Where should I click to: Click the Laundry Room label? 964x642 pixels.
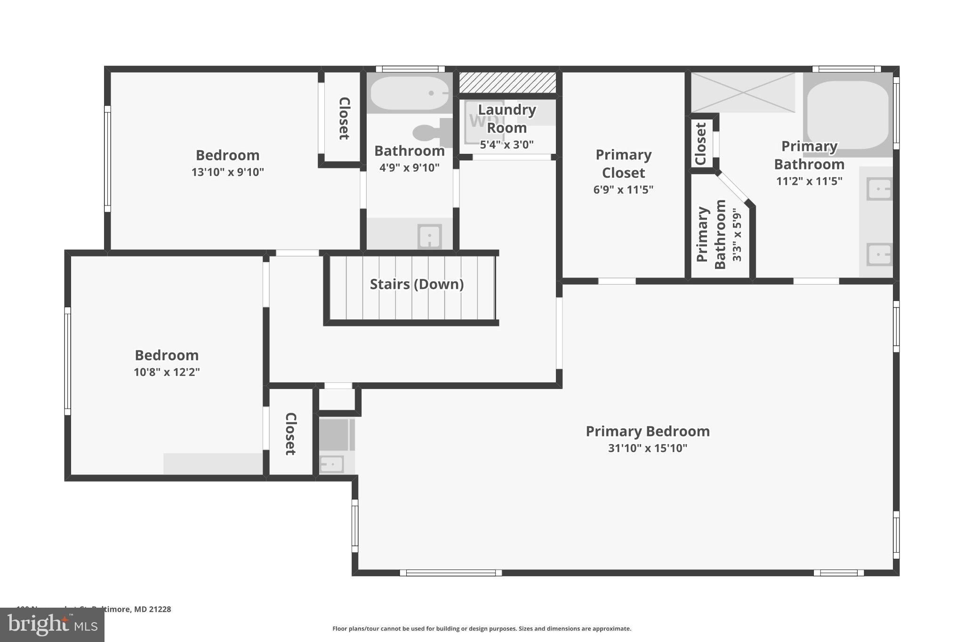pyautogui.click(x=506, y=119)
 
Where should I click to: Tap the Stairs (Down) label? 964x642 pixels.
pyautogui.click(x=417, y=284)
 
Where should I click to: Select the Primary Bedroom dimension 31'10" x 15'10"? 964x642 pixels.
pyautogui.click(x=647, y=448)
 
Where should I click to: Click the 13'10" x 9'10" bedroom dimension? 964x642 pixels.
pyautogui.click(x=227, y=172)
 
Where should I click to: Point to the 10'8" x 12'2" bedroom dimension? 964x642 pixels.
pyautogui.click(x=167, y=372)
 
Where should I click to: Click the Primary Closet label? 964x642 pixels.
pyautogui.click(x=623, y=164)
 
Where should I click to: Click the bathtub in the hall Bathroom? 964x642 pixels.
pyautogui.click(x=409, y=93)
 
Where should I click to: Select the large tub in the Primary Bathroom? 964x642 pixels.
pyautogui.click(x=848, y=115)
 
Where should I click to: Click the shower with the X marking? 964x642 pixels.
pyautogui.click(x=743, y=92)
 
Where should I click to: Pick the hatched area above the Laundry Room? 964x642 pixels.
pyautogui.click(x=507, y=83)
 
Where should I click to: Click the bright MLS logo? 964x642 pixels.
pyautogui.click(x=52, y=625)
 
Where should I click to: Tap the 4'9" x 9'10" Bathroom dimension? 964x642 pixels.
pyautogui.click(x=409, y=167)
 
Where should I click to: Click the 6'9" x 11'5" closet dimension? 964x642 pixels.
pyautogui.click(x=623, y=190)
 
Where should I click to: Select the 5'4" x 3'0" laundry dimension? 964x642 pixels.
pyautogui.click(x=506, y=145)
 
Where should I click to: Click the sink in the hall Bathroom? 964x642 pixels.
pyautogui.click(x=429, y=236)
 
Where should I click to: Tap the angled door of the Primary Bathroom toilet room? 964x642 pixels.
pyautogui.click(x=735, y=188)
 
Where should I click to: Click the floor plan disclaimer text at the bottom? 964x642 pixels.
pyautogui.click(x=482, y=628)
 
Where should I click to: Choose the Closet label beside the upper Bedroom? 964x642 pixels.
pyautogui.click(x=344, y=119)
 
